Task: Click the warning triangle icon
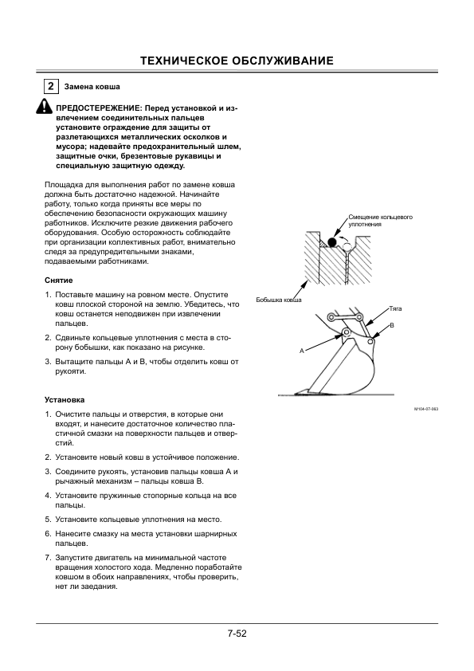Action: point(44,107)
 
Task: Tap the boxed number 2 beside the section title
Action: point(51,86)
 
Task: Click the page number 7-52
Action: point(237,634)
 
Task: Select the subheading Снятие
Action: point(59,281)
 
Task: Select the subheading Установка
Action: point(65,400)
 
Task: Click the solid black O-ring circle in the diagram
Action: point(331,242)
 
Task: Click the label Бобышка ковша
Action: point(279,300)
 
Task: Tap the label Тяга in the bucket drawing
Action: point(395,308)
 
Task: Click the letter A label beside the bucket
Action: point(302,351)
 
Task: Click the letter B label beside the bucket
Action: point(392,326)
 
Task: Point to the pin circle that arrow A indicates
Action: point(345,333)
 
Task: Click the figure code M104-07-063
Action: point(426,409)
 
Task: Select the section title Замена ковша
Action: point(92,87)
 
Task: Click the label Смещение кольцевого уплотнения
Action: point(380,221)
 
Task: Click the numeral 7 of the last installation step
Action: point(47,558)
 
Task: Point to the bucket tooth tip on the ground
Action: point(296,393)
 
